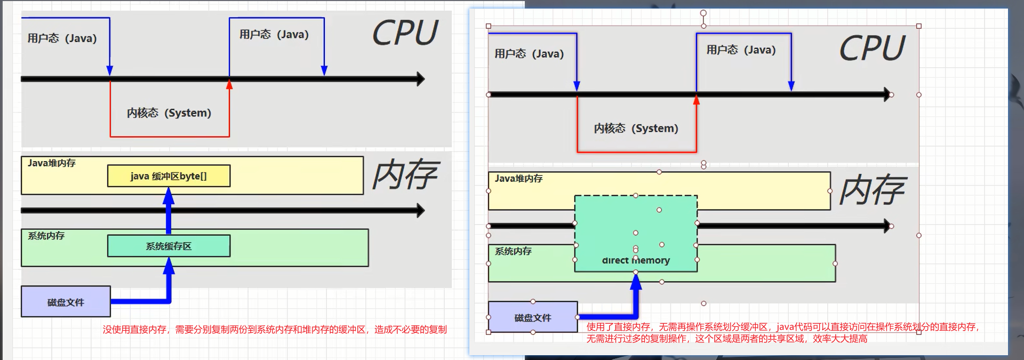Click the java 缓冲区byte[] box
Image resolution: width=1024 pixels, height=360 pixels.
point(169,176)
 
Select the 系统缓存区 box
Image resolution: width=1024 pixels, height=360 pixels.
point(169,246)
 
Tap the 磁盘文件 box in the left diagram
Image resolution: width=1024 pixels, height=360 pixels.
point(66,302)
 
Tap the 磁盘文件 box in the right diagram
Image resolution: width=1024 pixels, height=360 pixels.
point(532,317)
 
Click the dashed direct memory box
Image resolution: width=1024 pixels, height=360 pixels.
point(636,234)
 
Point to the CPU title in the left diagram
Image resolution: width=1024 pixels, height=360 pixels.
point(405,33)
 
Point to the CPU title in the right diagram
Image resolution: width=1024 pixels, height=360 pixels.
point(872,49)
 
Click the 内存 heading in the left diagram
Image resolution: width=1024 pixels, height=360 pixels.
point(405,174)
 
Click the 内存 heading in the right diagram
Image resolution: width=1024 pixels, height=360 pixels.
point(872,190)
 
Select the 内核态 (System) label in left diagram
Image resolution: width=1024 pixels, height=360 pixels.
point(169,113)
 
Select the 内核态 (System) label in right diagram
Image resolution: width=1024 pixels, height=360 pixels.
point(636,129)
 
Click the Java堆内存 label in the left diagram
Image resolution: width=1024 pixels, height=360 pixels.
point(52,163)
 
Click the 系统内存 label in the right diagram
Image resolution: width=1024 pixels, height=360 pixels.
point(513,251)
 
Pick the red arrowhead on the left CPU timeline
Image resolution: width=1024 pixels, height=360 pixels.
point(229,84)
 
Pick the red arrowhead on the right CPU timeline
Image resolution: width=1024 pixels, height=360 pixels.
point(696,100)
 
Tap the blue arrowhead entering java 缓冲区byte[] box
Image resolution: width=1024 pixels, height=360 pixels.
point(169,195)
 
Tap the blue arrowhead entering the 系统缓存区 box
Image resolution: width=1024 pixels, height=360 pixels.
point(169,265)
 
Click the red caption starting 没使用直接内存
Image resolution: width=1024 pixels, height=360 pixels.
point(275,330)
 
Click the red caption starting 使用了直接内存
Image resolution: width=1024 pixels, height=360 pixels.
point(782,332)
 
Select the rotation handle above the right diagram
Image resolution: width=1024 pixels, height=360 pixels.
point(703,13)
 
